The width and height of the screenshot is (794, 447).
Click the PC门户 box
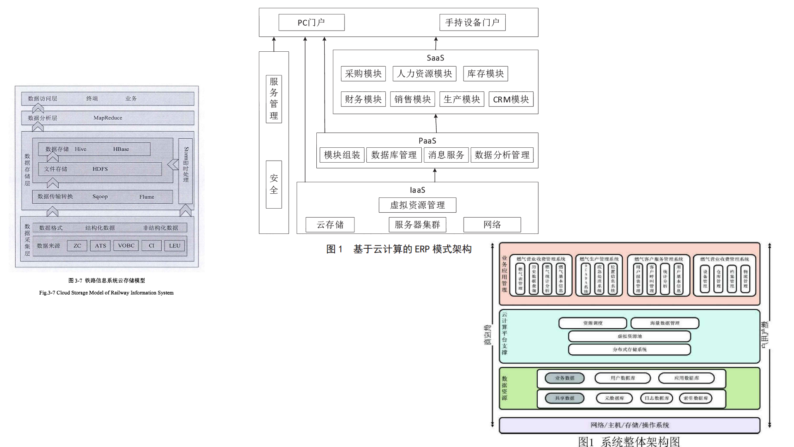pos(311,22)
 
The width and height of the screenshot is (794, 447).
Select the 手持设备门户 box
pos(472,22)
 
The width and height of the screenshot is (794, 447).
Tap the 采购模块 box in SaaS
pos(363,74)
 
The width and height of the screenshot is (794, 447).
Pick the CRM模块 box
pos(511,99)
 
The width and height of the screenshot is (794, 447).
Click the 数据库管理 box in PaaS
pos(394,155)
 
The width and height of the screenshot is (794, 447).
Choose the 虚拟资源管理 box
pos(417,205)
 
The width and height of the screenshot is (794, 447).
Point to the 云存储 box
pos(330,225)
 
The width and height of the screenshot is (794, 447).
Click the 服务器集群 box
pos(417,225)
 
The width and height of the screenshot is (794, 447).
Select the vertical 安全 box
pos(274,184)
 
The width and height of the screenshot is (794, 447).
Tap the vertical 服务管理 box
pos(274,99)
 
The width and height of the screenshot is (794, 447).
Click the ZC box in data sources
pos(77,245)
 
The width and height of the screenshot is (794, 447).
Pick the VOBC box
pos(126,245)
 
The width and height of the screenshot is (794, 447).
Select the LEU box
pos(175,245)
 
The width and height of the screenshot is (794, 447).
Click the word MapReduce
pos(108,118)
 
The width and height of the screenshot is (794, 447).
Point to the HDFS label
pos(100,169)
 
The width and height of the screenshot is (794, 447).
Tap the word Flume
pos(146,197)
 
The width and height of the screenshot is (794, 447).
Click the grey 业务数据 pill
pos(564,378)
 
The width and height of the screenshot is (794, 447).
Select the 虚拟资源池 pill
pos(629,336)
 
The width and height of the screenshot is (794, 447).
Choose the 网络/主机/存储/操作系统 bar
pos(629,425)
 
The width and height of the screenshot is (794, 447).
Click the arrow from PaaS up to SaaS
pos(436,123)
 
